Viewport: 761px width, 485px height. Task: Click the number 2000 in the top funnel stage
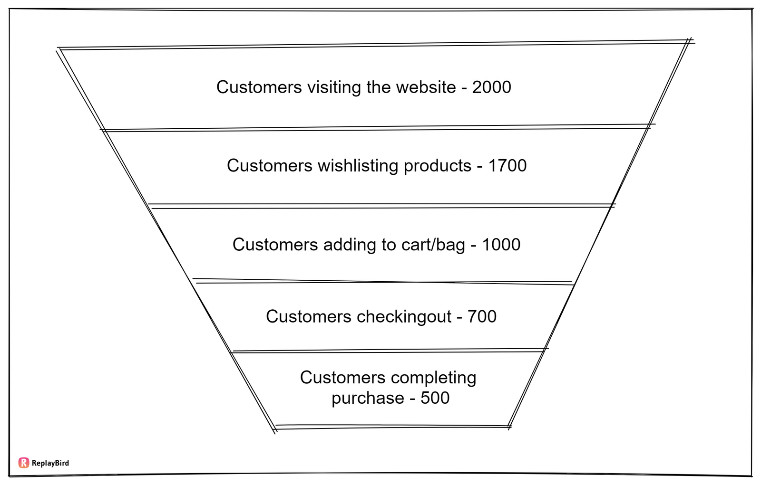pyautogui.click(x=491, y=87)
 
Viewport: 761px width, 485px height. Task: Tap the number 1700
pyautogui.click(x=507, y=166)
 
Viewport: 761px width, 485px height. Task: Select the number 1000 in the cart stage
pyautogui.click(x=501, y=245)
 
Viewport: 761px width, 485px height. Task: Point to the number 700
pyautogui.click(x=482, y=317)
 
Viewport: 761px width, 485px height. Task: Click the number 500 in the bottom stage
pyautogui.click(x=435, y=398)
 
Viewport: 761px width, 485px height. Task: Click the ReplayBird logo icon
pyautogui.click(x=24, y=463)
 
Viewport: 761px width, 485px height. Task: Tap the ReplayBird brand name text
pyautogui.click(x=50, y=463)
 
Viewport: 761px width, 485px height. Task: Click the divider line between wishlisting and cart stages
pyautogui.click(x=380, y=206)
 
